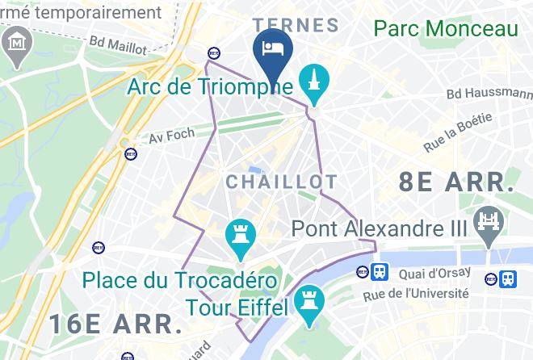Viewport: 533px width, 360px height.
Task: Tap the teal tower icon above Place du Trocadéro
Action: pos(240,235)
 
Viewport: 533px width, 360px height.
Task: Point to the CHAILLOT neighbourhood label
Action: pos(270,182)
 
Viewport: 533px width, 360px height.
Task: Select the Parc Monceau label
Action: pos(445,29)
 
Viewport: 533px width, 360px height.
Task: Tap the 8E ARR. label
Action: pos(456,182)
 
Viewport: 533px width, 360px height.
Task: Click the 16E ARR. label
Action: pos(115,324)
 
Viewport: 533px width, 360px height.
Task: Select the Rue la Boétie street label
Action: pos(458,133)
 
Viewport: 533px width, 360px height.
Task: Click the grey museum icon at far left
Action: pos(17,41)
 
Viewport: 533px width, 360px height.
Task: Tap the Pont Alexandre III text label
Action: pos(380,228)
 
